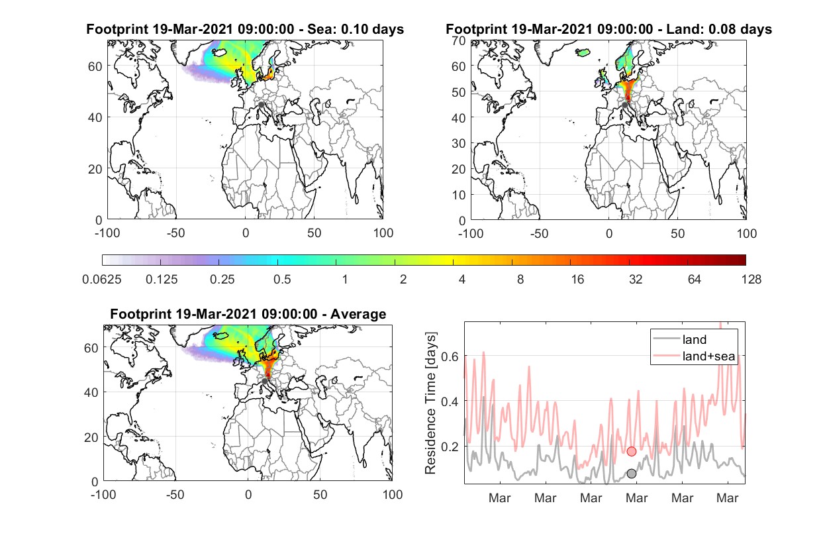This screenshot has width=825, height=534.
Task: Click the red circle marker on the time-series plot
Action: [x=631, y=451]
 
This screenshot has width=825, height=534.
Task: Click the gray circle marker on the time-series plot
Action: [x=631, y=474]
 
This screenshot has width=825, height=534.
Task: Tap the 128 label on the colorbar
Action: [x=751, y=280]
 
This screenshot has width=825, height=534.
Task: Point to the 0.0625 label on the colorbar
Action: [x=102, y=280]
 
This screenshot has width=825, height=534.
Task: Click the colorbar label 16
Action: [x=577, y=280]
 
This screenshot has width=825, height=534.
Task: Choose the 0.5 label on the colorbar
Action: [x=282, y=280]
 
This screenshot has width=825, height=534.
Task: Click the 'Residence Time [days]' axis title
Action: [x=430, y=403]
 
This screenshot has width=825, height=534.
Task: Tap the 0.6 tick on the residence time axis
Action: [x=450, y=356]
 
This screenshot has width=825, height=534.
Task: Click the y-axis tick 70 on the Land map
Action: [x=459, y=41]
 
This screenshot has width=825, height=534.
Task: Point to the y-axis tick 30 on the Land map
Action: [x=459, y=143]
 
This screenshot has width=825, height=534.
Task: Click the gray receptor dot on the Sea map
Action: [x=261, y=105]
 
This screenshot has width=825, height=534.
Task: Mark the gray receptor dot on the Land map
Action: [x=624, y=105]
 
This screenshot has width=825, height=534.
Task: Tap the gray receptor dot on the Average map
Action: [x=264, y=381]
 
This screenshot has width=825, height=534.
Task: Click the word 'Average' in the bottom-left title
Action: [x=358, y=314]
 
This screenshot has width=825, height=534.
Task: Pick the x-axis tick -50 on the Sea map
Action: [x=175, y=233]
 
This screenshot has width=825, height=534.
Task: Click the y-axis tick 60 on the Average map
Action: [x=91, y=348]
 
